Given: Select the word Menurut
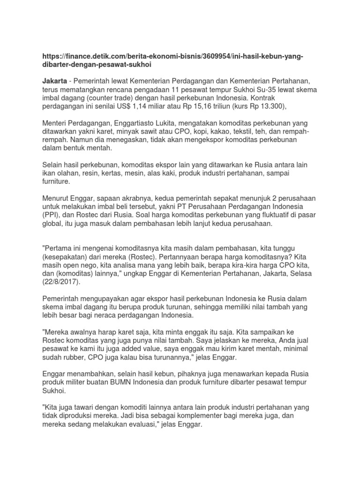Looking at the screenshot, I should point(56,200).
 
